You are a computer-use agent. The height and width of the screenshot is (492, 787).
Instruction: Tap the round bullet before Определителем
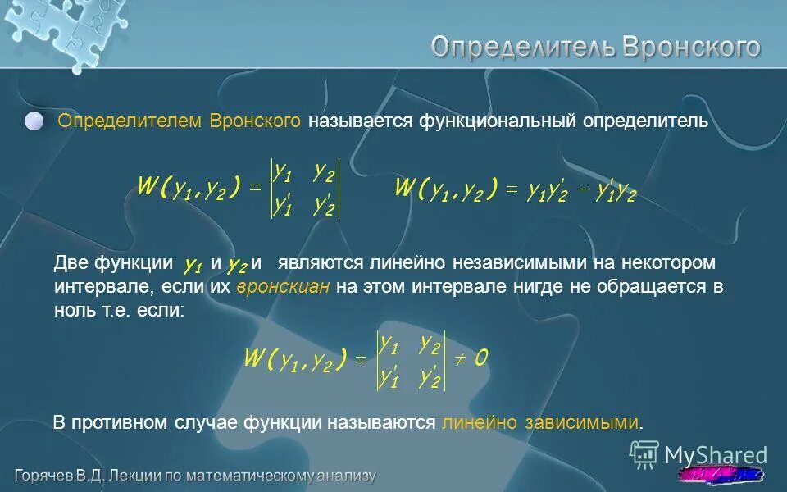point(34,121)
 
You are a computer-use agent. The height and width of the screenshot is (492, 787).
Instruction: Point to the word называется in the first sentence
point(362,121)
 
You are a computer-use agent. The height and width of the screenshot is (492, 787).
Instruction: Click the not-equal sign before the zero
point(460,358)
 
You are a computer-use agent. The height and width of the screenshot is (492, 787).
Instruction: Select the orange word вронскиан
point(284,288)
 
